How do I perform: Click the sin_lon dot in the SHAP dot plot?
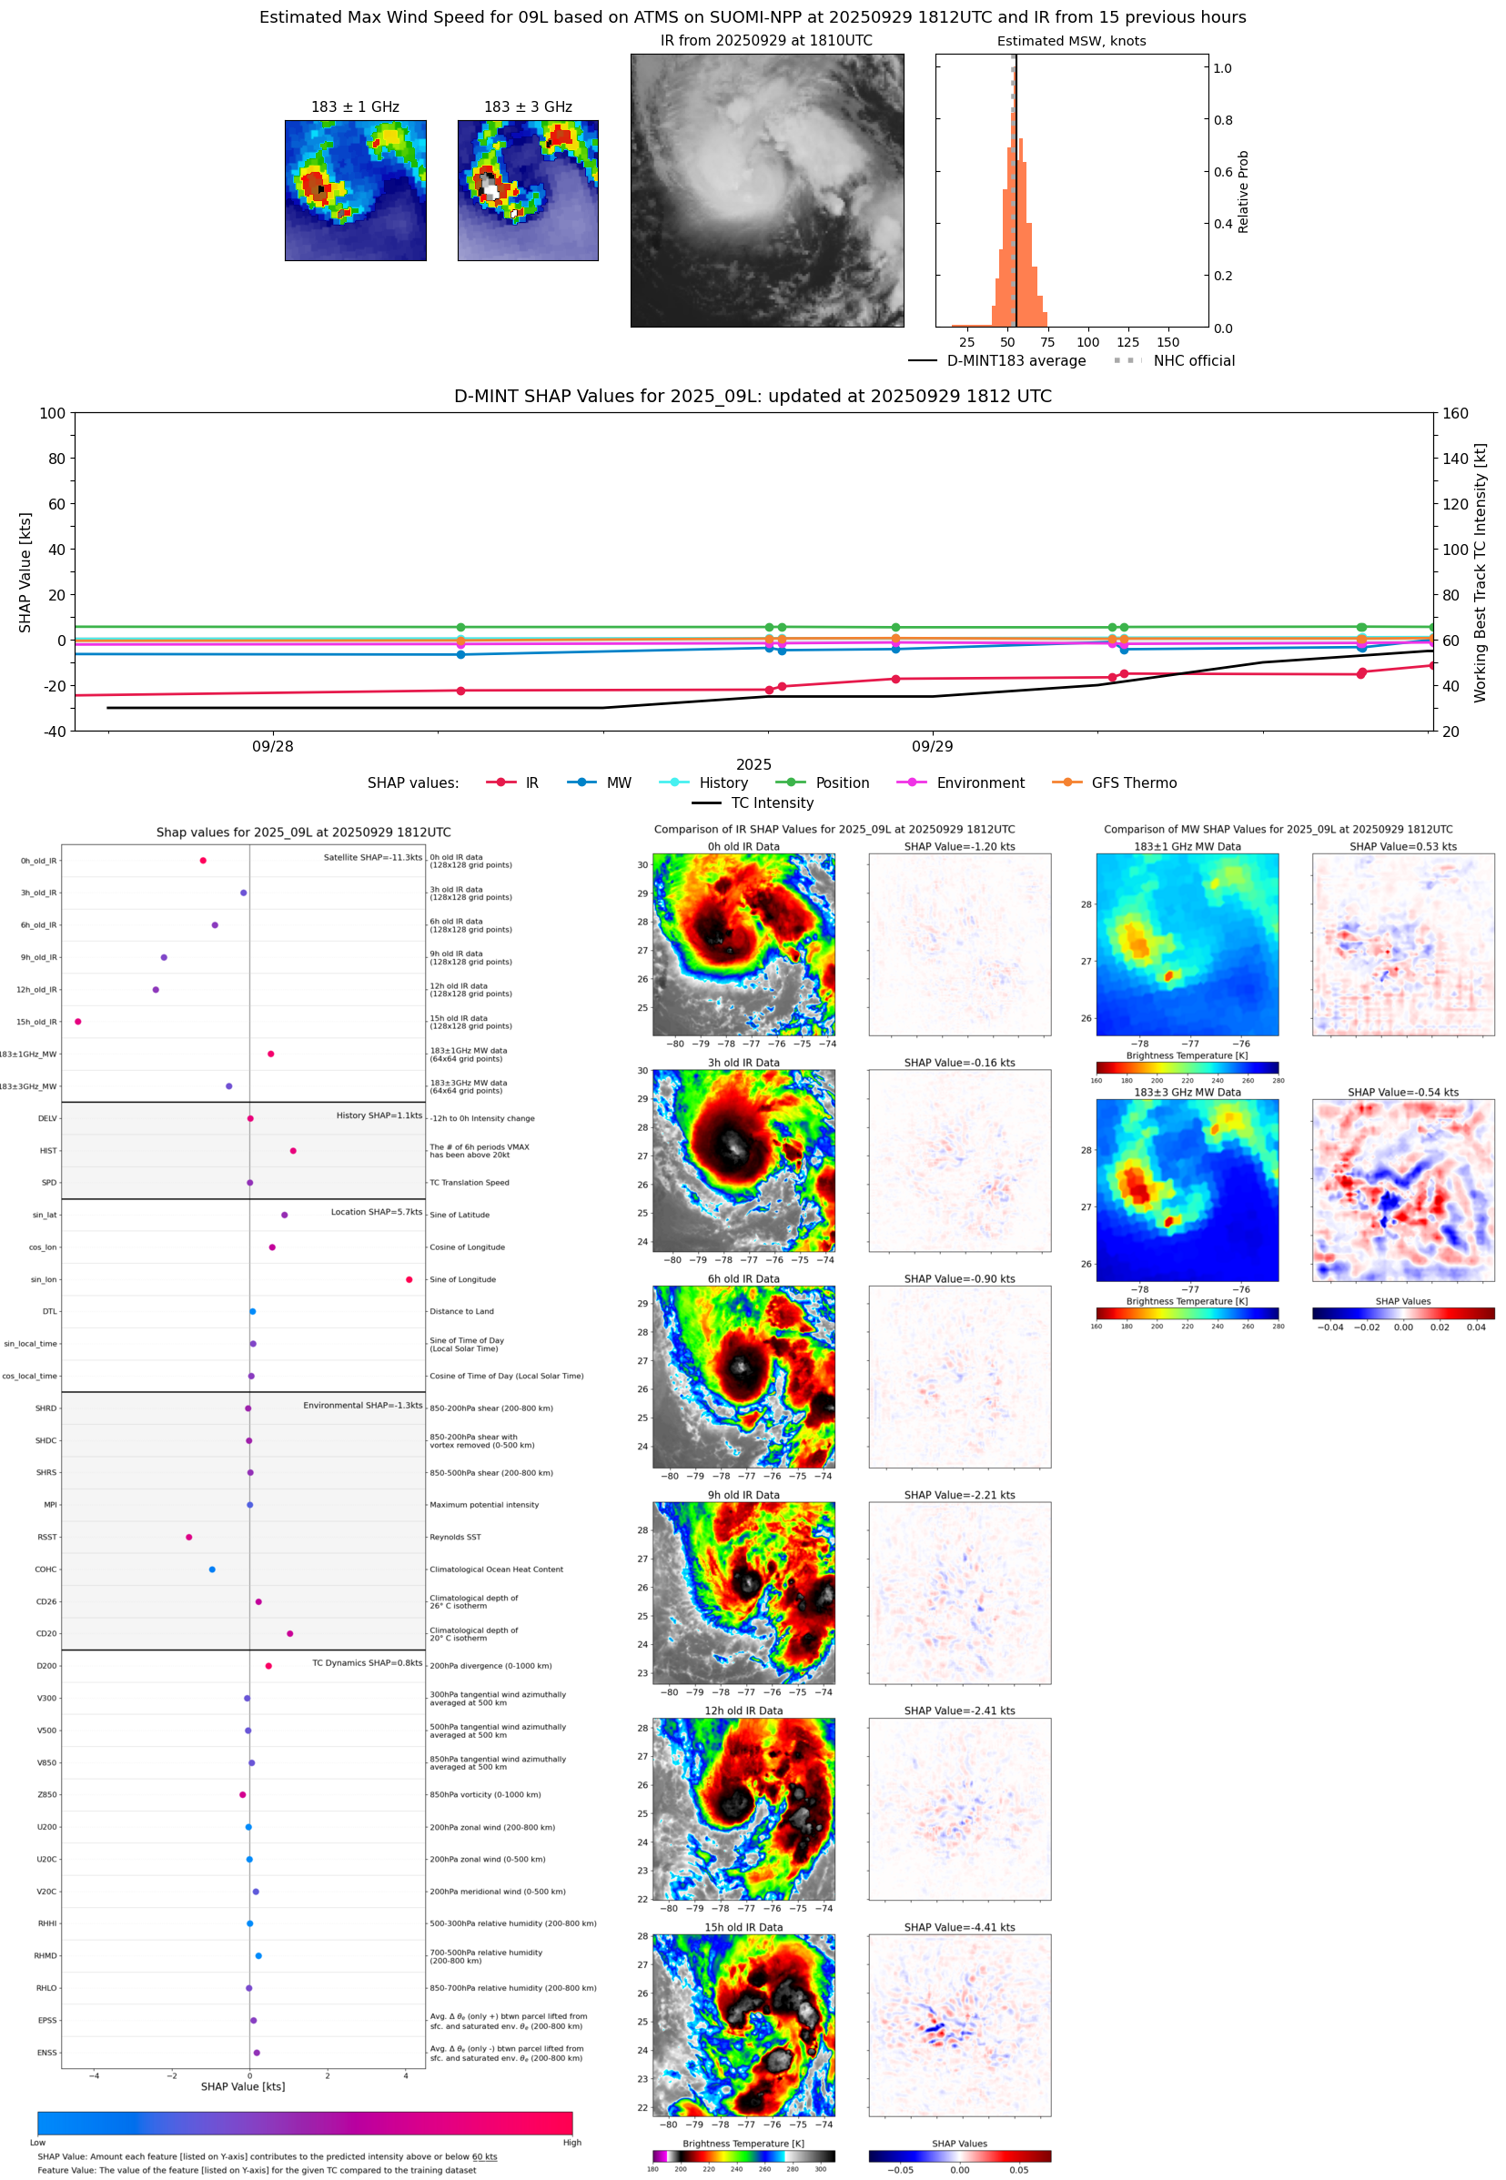(x=409, y=1279)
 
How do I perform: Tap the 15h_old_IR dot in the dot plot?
(x=77, y=1022)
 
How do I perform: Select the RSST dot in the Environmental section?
(x=188, y=1537)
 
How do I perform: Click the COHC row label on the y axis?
(x=45, y=1569)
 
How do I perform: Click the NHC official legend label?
(x=1193, y=360)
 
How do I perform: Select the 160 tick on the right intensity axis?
(x=1455, y=413)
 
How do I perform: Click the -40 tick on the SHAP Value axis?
(x=53, y=732)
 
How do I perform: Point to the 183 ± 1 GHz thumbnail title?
(x=355, y=107)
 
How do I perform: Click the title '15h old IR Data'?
(x=743, y=1927)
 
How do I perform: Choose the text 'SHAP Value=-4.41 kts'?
(x=959, y=1927)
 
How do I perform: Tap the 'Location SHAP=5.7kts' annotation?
(x=376, y=1212)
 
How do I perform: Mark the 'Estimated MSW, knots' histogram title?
(x=1071, y=42)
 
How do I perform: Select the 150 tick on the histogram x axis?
(x=1167, y=342)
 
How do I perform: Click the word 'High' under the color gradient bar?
(x=571, y=2143)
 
